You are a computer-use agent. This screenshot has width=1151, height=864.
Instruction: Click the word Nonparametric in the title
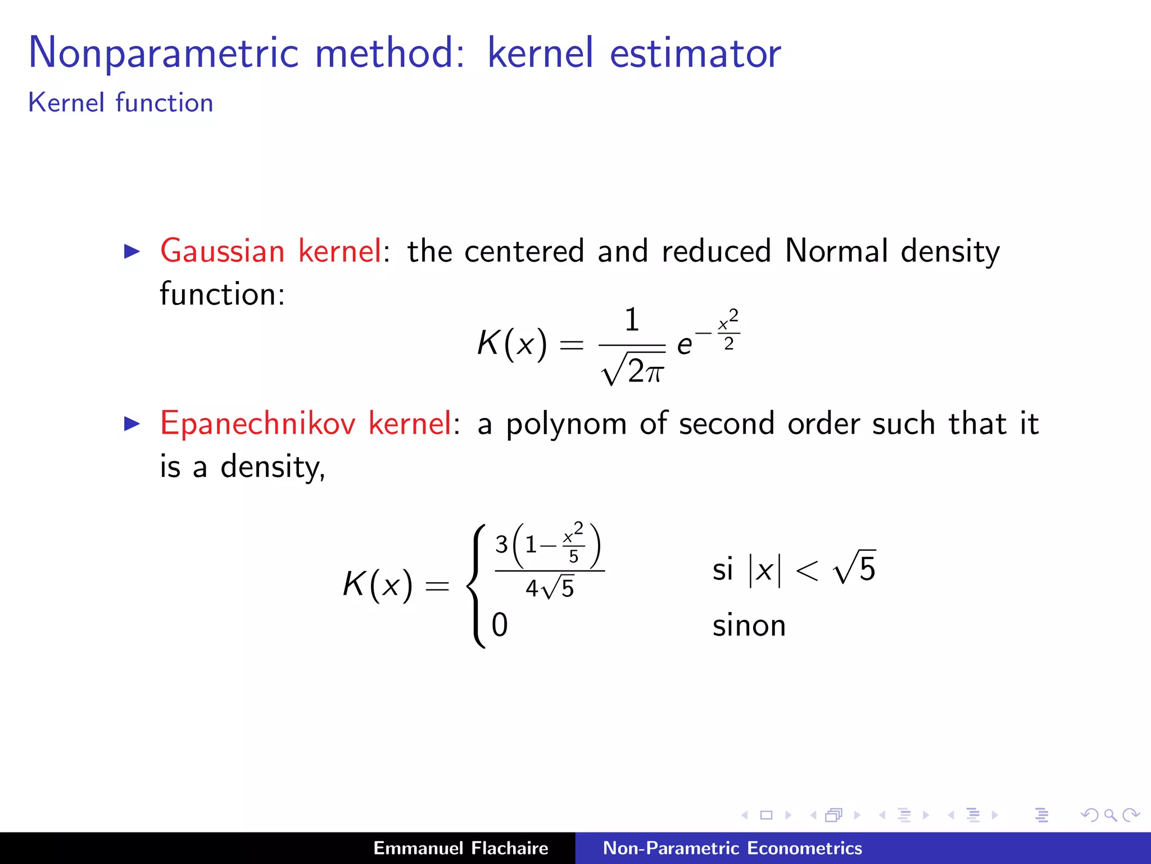pyautogui.click(x=163, y=53)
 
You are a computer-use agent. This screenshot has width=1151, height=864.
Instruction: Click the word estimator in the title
pyautogui.click(x=695, y=53)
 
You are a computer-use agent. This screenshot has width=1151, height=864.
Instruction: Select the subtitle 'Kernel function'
pyautogui.click(x=121, y=103)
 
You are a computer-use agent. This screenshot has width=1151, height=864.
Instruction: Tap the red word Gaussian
pyautogui.click(x=223, y=251)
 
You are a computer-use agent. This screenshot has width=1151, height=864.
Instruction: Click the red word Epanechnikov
pyautogui.click(x=257, y=423)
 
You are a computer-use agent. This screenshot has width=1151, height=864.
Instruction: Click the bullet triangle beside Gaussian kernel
pyautogui.click(x=132, y=251)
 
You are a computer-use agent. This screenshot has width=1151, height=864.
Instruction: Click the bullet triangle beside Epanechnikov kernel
pyautogui.click(x=132, y=424)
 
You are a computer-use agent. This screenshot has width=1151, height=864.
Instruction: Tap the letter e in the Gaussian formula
pyautogui.click(x=684, y=345)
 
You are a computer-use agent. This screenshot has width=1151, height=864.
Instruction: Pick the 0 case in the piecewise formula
pyautogui.click(x=500, y=625)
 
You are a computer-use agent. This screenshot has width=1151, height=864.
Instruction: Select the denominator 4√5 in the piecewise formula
pyautogui.click(x=550, y=588)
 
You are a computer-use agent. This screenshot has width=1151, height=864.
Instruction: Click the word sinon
pyautogui.click(x=749, y=625)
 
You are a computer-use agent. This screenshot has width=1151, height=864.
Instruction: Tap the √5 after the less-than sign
pyautogui.click(x=855, y=568)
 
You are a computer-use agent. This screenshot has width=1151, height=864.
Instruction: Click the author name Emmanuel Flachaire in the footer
pyautogui.click(x=460, y=848)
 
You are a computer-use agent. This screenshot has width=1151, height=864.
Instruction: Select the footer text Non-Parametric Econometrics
pyautogui.click(x=732, y=848)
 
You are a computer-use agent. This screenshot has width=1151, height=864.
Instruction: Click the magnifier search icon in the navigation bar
pyautogui.click(x=1110, y=815)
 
